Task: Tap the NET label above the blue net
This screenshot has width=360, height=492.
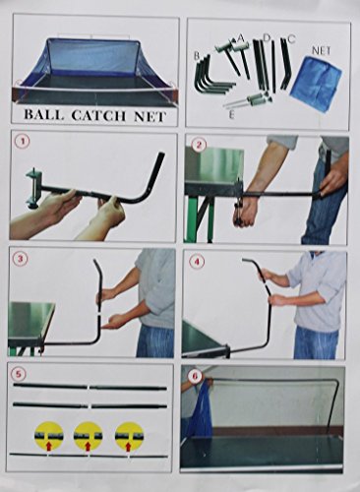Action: (321, 50)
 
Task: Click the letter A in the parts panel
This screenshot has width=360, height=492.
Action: (241, 38)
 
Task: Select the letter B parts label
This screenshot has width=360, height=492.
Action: (197, 56)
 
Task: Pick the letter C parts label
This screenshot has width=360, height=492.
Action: (291, 39)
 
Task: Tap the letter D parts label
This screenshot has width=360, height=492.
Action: (267, 38)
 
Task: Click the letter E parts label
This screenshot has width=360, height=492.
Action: (232, 116)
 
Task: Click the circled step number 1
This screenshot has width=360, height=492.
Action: (22, 142)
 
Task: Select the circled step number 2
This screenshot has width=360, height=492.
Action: (197, 145)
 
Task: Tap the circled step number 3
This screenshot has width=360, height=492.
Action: (20, 259)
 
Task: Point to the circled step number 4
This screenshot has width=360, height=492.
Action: (197, 262)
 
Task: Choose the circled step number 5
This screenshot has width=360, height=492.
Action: (20, 373)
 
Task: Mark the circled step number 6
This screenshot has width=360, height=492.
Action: (195, 376)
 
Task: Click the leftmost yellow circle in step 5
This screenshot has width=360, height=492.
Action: (49, 437)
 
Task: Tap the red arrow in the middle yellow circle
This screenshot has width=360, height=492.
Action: (88, 446)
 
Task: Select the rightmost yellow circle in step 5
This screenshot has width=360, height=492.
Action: (129, 437)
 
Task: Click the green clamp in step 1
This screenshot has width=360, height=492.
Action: (33, 187)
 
